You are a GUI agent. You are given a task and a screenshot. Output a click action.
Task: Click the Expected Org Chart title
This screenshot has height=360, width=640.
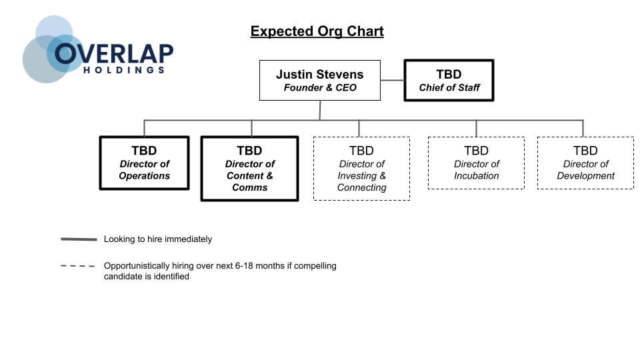click(x=317, y=31)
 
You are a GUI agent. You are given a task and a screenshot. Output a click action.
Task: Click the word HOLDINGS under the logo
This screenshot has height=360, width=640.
click(x=124, y=69)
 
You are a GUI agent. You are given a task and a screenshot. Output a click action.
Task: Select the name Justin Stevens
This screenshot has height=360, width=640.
click(x=319, y=74)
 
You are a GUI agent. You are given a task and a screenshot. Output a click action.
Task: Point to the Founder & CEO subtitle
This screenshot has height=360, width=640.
click(x=319, y=88)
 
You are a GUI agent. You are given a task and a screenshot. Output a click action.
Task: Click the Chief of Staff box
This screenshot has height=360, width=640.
click(x=449, y=81)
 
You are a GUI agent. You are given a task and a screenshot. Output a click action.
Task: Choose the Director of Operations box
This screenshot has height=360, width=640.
click(x=144, y=163)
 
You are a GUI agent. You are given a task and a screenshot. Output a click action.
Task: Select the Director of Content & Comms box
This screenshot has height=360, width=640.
click(x=249, y=169)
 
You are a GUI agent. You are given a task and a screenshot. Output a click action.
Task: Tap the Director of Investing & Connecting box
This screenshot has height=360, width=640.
click(x=361, y=169)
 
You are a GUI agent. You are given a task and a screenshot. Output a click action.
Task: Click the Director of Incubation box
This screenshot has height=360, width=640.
click(x=476, y=163)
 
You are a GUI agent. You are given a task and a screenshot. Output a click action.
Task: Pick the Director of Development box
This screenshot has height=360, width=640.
click(x=585, y=163)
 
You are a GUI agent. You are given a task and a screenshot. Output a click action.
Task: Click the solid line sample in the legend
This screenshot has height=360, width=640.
click(x=79, y=239)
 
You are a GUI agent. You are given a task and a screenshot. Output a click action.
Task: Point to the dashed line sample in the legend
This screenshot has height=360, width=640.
click(x=79, y=266)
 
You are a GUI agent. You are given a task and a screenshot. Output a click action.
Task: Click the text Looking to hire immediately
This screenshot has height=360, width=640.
click(x=158, y=239)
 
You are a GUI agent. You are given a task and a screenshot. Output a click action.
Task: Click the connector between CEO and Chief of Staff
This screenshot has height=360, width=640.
click(x=392, y=81)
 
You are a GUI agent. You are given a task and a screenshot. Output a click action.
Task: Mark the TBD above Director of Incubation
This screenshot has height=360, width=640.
click(x=476, y=151)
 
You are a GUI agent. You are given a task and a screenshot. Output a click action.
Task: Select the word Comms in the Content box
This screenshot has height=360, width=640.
click(x=249, y=188)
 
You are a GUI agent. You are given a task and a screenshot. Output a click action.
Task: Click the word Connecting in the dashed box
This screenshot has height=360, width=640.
click(x=361, y=188)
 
